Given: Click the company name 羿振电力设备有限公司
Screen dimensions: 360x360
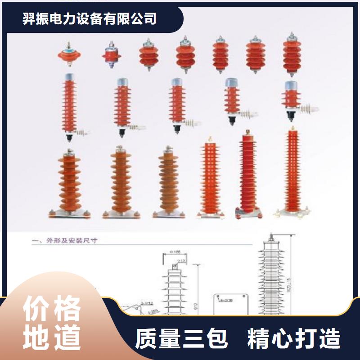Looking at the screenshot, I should tap(90, 18).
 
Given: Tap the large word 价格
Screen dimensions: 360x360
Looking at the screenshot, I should tap(52, 309).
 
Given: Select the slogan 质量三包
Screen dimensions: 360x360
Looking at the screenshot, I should tap(182, 339).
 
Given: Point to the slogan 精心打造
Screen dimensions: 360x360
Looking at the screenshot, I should tap(294, 339).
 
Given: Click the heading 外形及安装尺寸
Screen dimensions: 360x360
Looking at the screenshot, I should tap(72, 241).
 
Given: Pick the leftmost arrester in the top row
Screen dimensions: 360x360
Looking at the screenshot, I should tap(69, 55).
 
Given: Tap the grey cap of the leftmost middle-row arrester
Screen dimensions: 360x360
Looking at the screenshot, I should tap(70, 78).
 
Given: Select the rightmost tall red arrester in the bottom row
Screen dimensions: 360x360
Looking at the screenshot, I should tap(292, 171).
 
